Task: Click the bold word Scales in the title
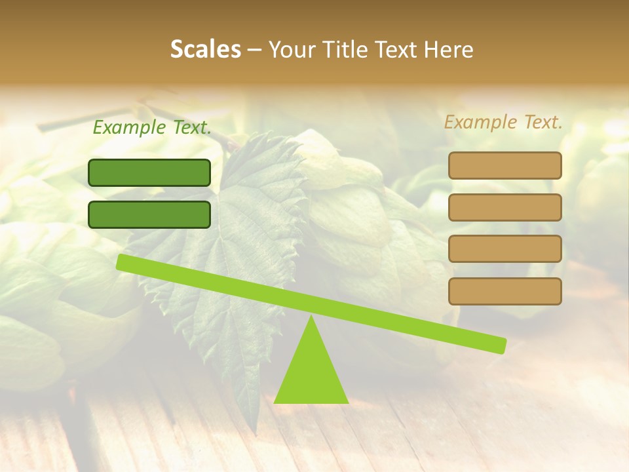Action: [x=205, y=50]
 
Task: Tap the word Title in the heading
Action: [x=346, y=50]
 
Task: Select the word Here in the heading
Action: [x=448, y=50]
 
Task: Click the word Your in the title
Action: [x=292, y=50]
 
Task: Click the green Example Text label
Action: [x=152, y=128]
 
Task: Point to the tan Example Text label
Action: [x=503, y=122]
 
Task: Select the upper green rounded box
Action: [x=149, y=172]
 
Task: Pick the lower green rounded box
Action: [x=149, y=214]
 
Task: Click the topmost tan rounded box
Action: [x=505, y=165]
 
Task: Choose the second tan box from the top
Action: [x=505, y=207]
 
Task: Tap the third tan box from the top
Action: [x=505, y=249]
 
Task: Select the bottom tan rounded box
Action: [x=505, y=291]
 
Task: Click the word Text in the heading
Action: [x=397, y=50]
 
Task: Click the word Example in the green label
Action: [x=129, y=128]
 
